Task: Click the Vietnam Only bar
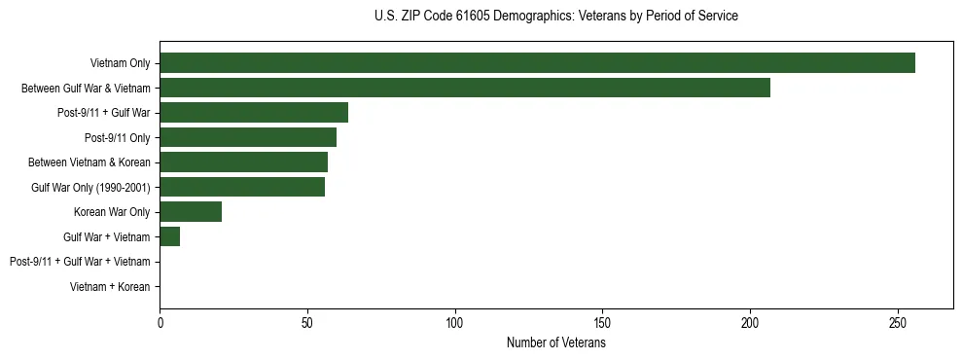[x=537, y=63]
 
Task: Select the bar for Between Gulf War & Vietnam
[x=465, y=88]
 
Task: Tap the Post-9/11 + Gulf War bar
[x=254, y=113]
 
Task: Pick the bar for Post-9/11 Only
[x=248, y=137]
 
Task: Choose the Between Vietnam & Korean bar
[x=243, y=162]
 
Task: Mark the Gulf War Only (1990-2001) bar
[x=242, y=187]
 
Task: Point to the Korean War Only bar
[x=191, y=211]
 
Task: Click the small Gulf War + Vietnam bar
[x=170, y=236]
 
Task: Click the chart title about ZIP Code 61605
[x=555, y=17]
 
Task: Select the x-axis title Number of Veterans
[x=555, y=343]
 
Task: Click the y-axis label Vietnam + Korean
[x=110, y=286]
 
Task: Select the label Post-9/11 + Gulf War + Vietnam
[x=80, y=262]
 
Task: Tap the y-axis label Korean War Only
[x=112, y=212]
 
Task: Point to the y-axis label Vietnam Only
[x=120, y=64]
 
